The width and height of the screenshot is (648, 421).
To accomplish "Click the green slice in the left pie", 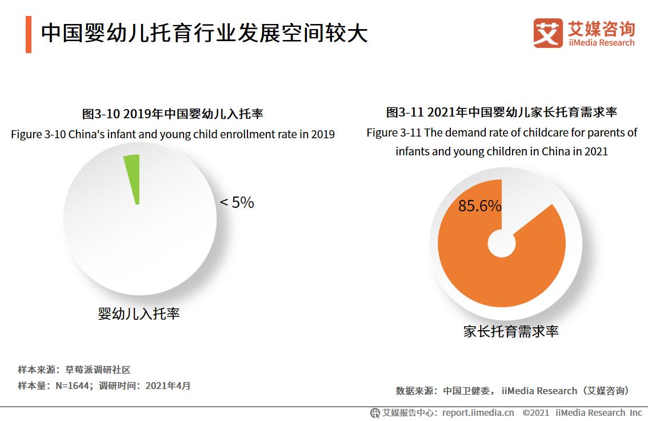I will tap(133, 174).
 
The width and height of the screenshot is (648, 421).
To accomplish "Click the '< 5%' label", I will tap(237, 203).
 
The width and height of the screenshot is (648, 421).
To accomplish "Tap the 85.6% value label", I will tap(479, 206).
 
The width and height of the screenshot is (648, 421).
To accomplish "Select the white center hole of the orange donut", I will tap(501, 243).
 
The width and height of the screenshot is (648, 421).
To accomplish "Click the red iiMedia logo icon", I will tap(547, 33).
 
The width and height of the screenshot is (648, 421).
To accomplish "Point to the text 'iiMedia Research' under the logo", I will tap(601, 43).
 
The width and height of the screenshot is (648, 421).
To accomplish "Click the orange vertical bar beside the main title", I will tap(28, 34).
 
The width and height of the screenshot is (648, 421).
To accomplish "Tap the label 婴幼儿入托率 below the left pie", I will tap(139, 314).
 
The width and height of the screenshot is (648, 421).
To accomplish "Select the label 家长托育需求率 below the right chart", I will tap(510, 331).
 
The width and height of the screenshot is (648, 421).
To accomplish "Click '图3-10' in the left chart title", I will tap(101, 114).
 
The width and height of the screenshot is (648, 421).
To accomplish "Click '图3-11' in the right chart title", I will tap(405, 112).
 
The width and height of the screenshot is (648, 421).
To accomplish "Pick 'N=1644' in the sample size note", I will tap(73, 386).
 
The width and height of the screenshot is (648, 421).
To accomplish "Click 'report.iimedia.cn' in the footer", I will tap(478, 412).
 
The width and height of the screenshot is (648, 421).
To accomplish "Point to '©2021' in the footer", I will tap(535, 412).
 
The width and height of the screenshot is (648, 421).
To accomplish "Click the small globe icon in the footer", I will tap(375, 412).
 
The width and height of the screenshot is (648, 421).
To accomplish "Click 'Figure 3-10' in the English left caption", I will tap(38, 135).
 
